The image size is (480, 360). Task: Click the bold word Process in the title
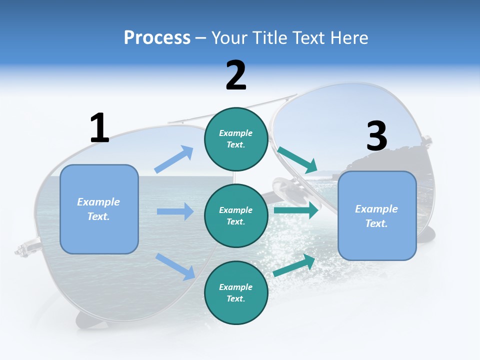[x=157, y=37]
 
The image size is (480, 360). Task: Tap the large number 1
[x=99, y=128]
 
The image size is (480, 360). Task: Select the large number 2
[x=236, y=75]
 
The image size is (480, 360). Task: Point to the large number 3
[x=376, y=136]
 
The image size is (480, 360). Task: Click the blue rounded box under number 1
[x=99, y=208]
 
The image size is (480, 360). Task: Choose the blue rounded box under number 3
[x=377, y=215]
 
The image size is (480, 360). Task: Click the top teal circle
[x=236, y=139]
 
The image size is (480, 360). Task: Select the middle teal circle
[x=236, y=215]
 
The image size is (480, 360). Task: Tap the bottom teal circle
[x=236, y=292]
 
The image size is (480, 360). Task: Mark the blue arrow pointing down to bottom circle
[x=175, y=266]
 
